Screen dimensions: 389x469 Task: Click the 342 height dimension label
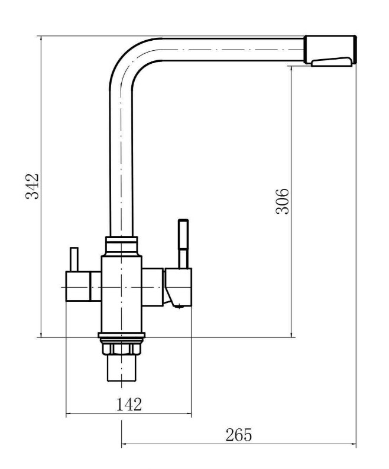pos(32,186)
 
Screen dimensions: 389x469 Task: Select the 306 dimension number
pos(282,201)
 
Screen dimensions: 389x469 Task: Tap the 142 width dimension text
pos(128,405)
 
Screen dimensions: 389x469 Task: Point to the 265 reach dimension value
pos(239,435)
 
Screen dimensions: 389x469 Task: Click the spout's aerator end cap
pos(330,50)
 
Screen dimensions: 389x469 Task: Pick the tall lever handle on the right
pos(183,244)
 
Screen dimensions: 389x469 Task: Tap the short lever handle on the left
pos(74,259)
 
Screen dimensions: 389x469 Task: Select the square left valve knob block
pos(77,286)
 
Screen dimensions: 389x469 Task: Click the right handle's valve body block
pos(177,288)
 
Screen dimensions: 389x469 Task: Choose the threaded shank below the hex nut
pos(121,368)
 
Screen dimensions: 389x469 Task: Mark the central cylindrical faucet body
pos(121,294)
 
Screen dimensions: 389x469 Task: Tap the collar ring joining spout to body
pos(121,246)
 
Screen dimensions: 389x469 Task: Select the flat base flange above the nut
pos(121,336)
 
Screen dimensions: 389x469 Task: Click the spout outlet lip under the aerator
pos(331,61)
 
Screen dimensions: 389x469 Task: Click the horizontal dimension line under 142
pos(128,414)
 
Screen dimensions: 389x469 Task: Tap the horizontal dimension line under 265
pos(239,444)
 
